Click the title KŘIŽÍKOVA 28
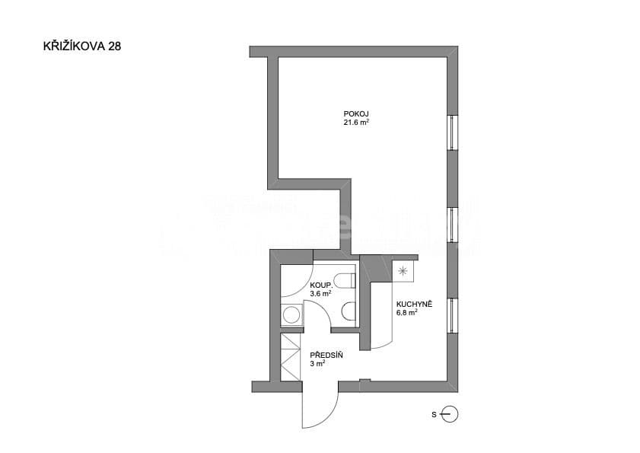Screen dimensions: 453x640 pos(82,46)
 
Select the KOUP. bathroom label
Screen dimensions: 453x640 pos(320,285)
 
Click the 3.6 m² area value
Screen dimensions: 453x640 pos(320,293)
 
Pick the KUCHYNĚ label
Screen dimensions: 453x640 pos(415,304)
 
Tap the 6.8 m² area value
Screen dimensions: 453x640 pos(407,312)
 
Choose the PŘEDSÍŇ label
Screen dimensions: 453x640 pos(326,355)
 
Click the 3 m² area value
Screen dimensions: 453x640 pos(317,364)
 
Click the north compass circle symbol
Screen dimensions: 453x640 pos(451,415)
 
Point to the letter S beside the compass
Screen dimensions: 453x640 pos(434,415)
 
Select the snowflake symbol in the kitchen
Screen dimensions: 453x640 pos(403,270)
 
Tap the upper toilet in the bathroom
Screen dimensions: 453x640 pos(347,280)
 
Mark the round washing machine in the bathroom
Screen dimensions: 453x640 pos(290,314)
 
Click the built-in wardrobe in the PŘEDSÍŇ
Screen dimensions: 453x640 pos(291,358)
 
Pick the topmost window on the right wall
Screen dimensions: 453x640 pos(454,132)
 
